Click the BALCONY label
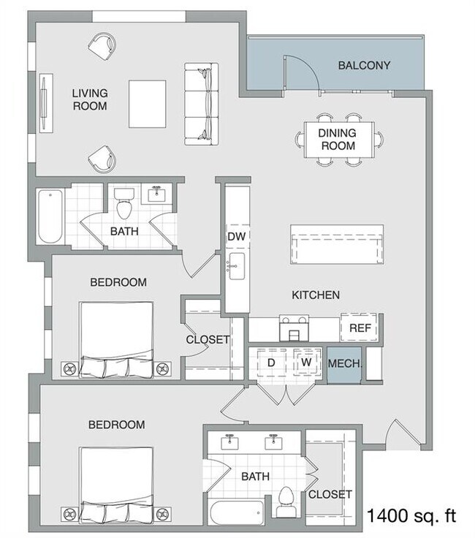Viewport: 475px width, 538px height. [364, 65]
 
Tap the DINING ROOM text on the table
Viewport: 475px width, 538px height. [338, 140]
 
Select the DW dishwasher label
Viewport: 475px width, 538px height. [237, 236]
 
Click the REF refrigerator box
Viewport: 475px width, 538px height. [360, 327]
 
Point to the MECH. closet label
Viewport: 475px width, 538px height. [345, 363]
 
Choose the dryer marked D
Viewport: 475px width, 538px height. [271, 363]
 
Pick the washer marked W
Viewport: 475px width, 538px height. [307, 362]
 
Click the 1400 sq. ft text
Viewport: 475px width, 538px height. [411, 516]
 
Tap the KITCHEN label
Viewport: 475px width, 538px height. [316, 295]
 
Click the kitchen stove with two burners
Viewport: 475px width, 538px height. [294, 328]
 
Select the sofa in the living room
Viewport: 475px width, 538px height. [202, 104]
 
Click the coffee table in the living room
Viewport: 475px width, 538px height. [148, 104]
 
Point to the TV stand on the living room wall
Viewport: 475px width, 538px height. [46, 103]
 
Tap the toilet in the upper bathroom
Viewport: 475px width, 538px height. [123, 203]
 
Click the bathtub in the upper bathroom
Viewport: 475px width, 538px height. [50, 216]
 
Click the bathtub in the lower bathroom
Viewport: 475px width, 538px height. [235, 512]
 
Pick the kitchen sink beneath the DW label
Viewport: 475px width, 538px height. [236, 267]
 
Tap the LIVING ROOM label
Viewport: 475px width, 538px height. [90, 99]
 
